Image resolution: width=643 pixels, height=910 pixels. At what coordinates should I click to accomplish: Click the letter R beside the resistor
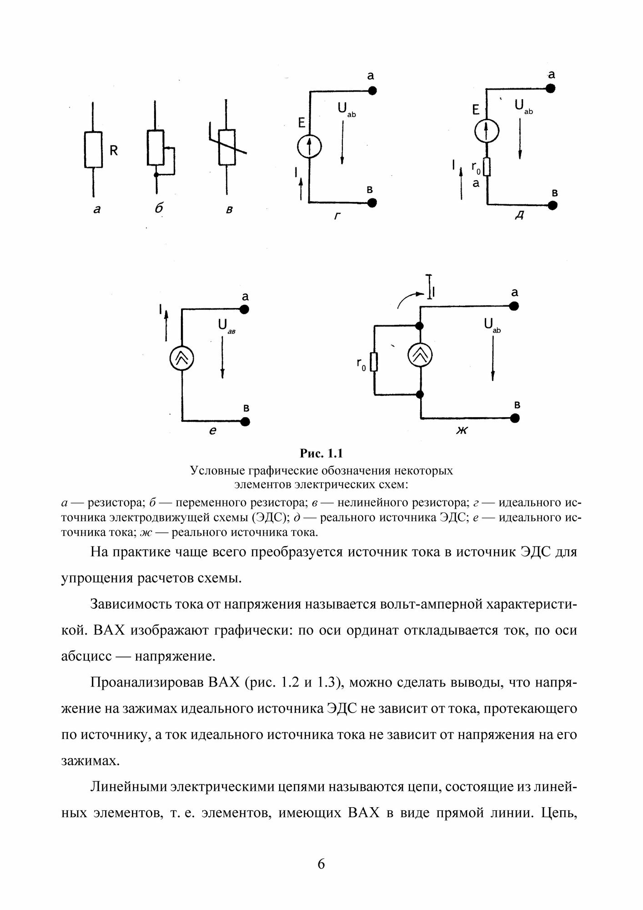[x=114, y=150]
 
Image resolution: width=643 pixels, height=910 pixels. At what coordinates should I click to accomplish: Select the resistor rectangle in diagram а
[x=93, y=150]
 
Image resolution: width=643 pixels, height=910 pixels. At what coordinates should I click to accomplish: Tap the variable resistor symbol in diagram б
[x=156, y=147]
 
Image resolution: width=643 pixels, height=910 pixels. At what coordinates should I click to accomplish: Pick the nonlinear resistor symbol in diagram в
[x=226, y=147]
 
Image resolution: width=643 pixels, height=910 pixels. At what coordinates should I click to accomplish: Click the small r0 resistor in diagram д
[x=487, y=167]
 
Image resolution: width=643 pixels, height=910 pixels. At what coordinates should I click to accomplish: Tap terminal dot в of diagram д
[x=553, y=205]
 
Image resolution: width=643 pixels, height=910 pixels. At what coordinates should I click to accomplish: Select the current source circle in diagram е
[x=182, y=359]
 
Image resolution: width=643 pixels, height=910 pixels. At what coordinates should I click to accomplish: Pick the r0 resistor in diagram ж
[x=375, y=361]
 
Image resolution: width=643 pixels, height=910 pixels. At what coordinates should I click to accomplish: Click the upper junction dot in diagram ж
[x=420, y=326]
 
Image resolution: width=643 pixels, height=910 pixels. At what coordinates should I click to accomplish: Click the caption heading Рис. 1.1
[x=321, y=453]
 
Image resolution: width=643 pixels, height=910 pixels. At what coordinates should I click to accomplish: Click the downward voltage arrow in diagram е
[x=222, y=359]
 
